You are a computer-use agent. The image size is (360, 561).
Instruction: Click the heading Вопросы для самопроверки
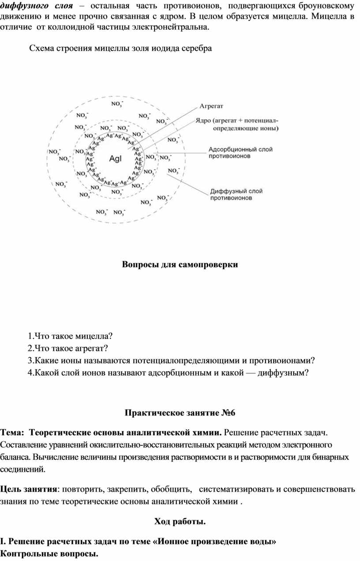[x=180, y=264]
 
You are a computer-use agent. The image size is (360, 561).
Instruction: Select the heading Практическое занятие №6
[x=180, y=413]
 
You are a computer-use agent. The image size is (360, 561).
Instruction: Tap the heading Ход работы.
[x=180, y=522]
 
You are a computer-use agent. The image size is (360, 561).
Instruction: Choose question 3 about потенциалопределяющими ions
[x=173, y=361]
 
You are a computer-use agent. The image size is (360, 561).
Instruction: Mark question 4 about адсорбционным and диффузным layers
[x=168, y=373]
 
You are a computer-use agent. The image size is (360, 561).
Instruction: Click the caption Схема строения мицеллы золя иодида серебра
[x=120, y=49]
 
